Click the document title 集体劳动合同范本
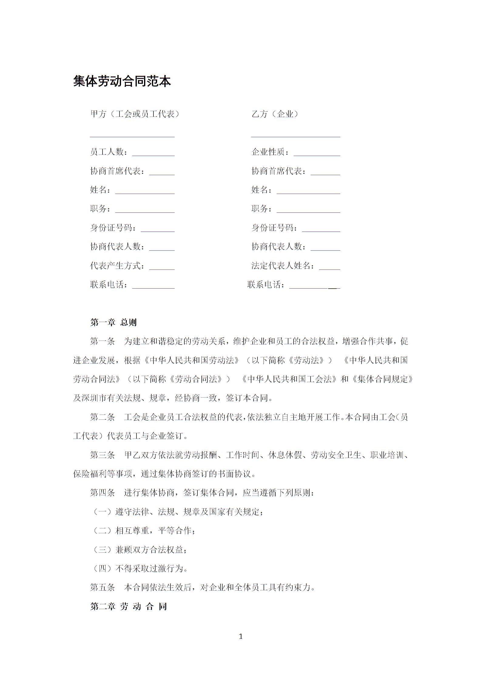point(122,81)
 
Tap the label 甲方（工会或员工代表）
point(135,114)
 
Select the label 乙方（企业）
point(275,114)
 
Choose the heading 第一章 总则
point(113,322)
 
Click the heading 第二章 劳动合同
point(129,606)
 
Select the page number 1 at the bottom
point(241,637)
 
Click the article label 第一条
point(103,341)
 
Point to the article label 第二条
point(103,417)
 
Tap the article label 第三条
point(103,455)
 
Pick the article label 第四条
point(103,493)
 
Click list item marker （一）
point(103,512)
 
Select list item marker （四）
point(103,568)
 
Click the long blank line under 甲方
point(132,136)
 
